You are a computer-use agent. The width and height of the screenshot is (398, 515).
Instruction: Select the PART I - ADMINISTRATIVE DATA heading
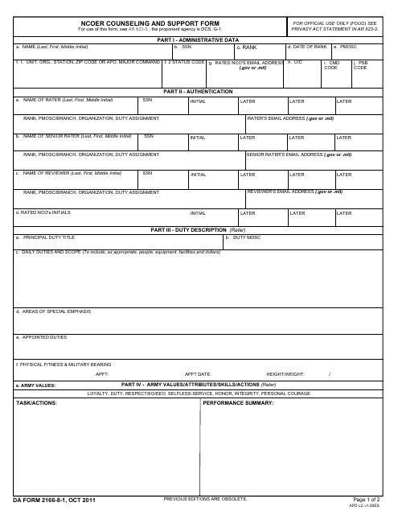click(198, 39)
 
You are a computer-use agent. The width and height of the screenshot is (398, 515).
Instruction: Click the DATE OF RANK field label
click(307, 47)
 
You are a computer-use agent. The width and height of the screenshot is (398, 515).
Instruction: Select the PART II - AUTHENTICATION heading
click(198, 92)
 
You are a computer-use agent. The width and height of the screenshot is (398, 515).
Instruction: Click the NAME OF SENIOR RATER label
click(73, 137)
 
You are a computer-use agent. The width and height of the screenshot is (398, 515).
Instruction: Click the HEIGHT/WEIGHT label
click(285, 374)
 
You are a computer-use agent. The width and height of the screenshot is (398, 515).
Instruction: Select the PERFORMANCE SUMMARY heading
click(239, 402)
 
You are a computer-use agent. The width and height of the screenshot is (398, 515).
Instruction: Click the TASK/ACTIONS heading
click(36, 402)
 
